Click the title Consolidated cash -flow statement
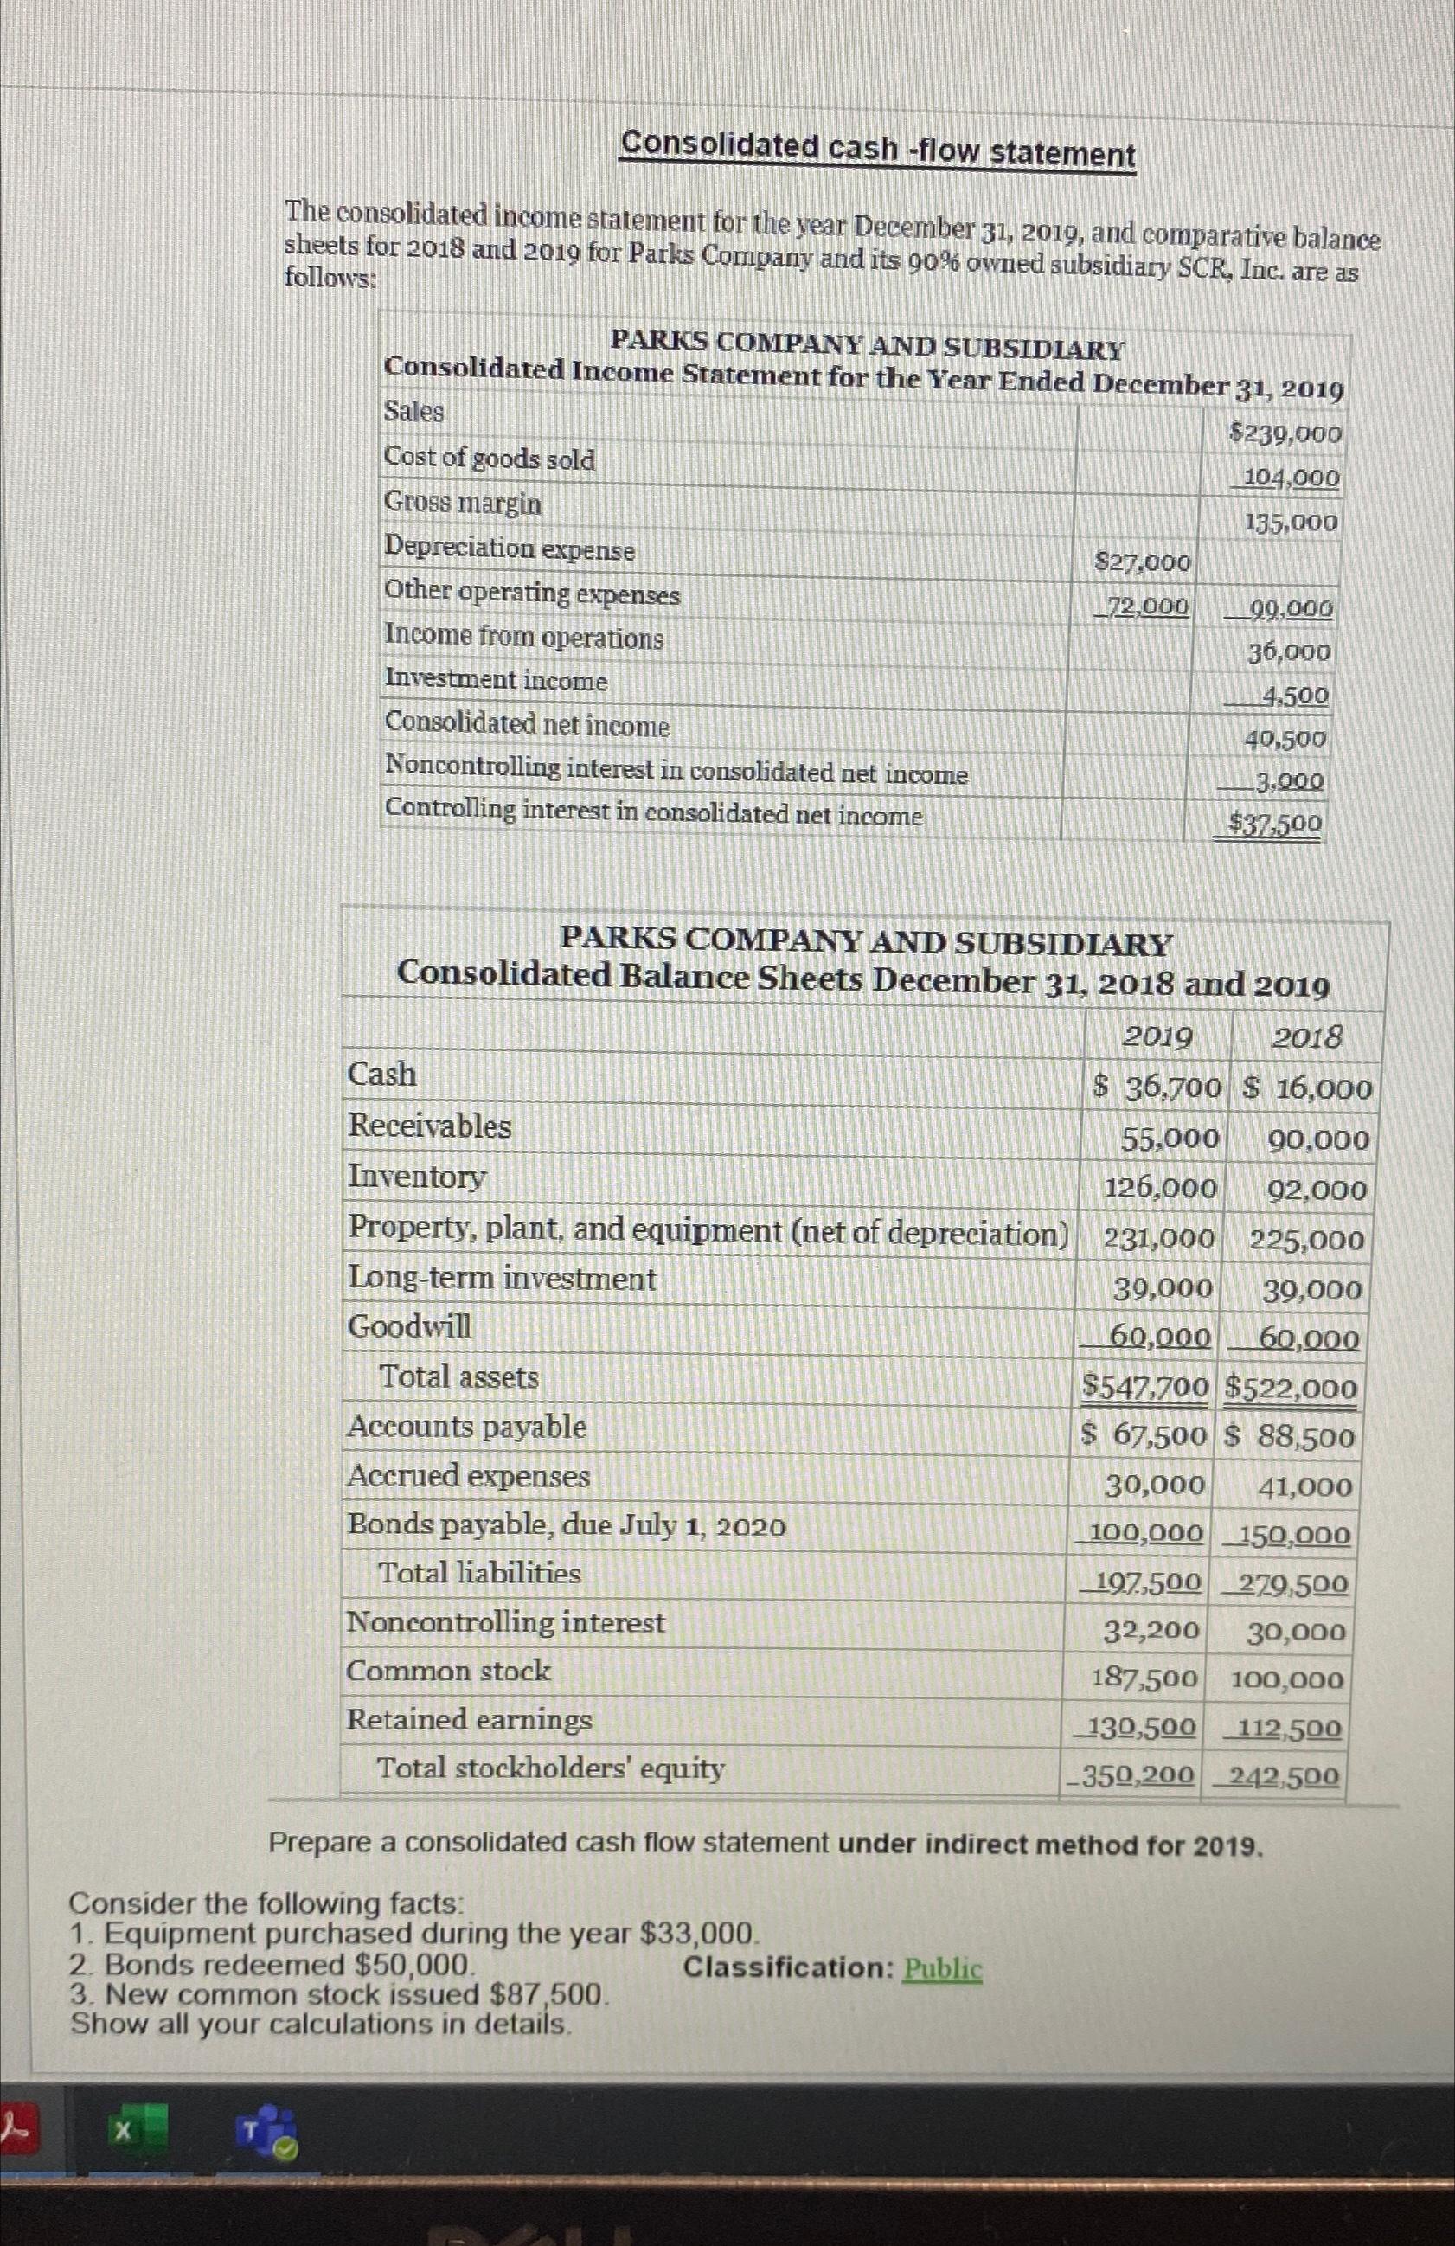(877, 150)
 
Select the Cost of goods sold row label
(490, 459)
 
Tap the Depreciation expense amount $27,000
(1142, 562)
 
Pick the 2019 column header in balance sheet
(1157, 1038)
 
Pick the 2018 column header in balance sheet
(1306, 1039)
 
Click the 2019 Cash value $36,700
(1157, 1088)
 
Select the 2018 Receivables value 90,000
(1317, 1141)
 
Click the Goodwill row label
(409, 1327)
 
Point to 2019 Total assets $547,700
(1144, 1387)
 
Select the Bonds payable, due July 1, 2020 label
(566, 1525)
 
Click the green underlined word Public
(943, 1969)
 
